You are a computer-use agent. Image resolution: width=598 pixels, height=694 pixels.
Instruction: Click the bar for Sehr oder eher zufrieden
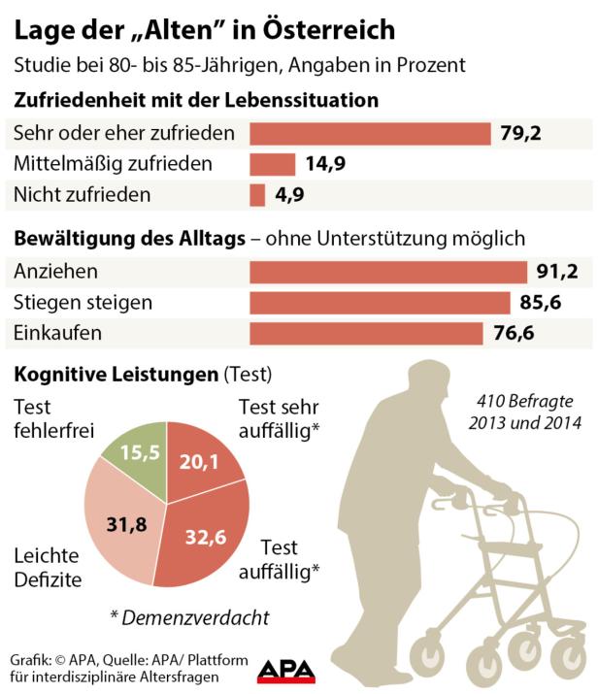coord(370,133)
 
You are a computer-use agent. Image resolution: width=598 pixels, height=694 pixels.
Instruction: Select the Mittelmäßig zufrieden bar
coord(273,164)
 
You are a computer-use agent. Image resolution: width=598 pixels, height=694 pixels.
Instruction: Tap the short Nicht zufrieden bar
coord(257,195)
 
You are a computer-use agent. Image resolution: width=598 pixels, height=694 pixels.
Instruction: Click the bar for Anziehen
coord(387,272)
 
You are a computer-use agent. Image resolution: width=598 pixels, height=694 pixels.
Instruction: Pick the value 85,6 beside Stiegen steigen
coord(541,303)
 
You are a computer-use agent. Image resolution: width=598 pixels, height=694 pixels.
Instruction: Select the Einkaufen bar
coord(367,334)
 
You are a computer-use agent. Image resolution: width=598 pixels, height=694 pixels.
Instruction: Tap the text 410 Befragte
coord(523,400)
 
